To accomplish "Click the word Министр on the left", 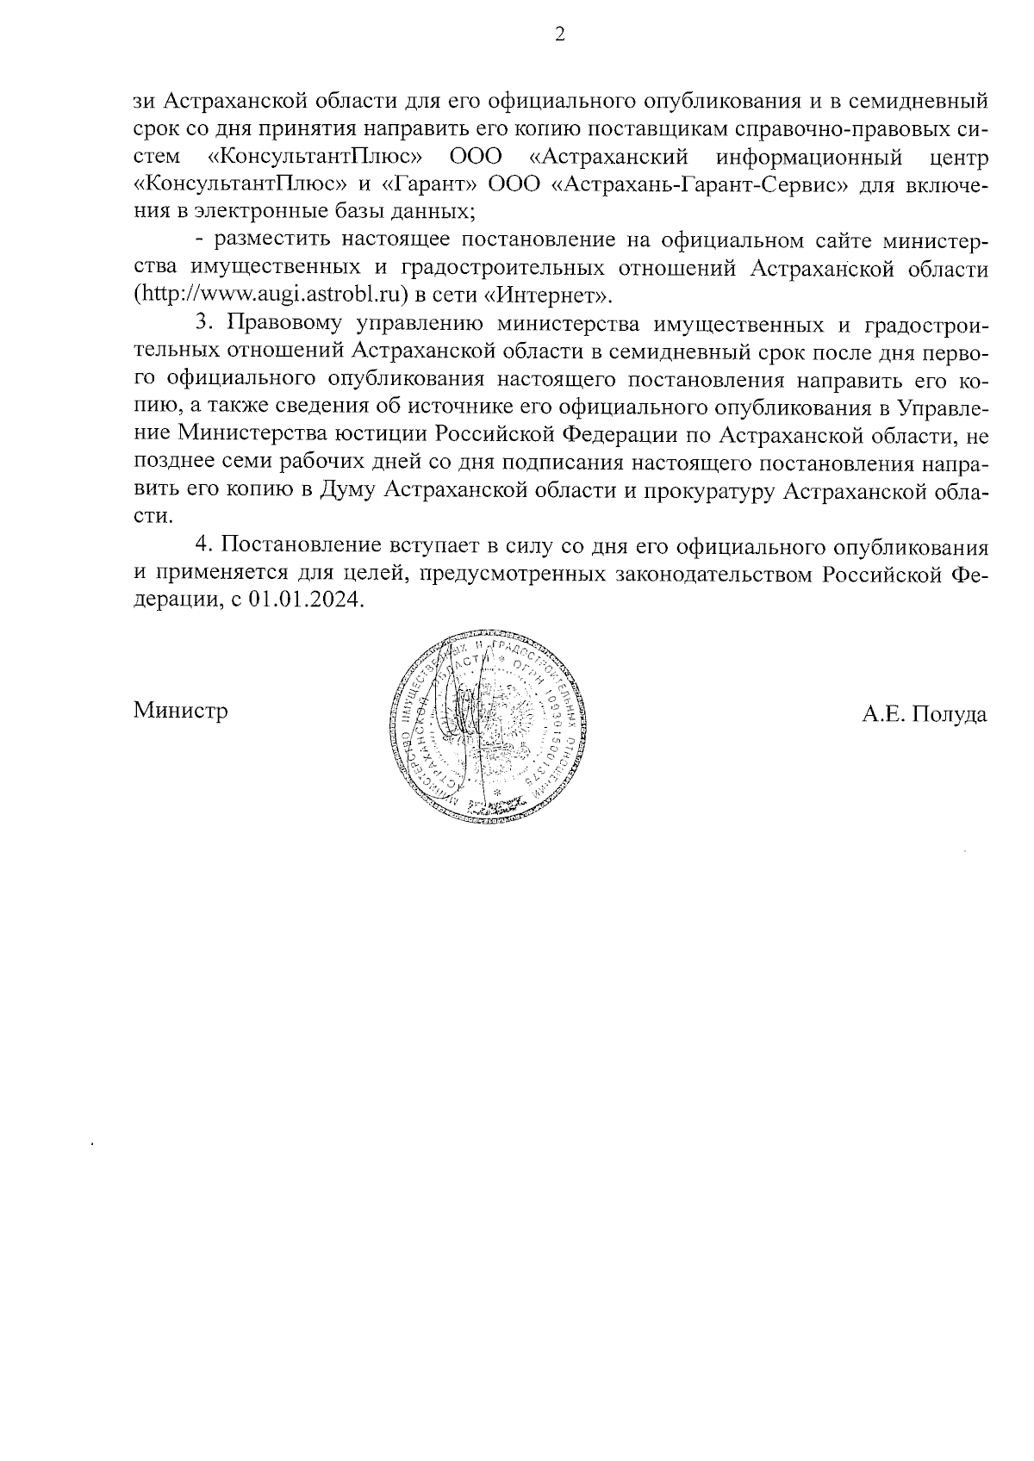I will (x=181, y=712).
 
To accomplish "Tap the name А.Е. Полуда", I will (x=925, y=713).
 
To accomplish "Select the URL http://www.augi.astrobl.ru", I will (x=269, y=295).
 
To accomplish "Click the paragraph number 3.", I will (x=203, y=323).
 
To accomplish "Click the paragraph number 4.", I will (x=203, y=545).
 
